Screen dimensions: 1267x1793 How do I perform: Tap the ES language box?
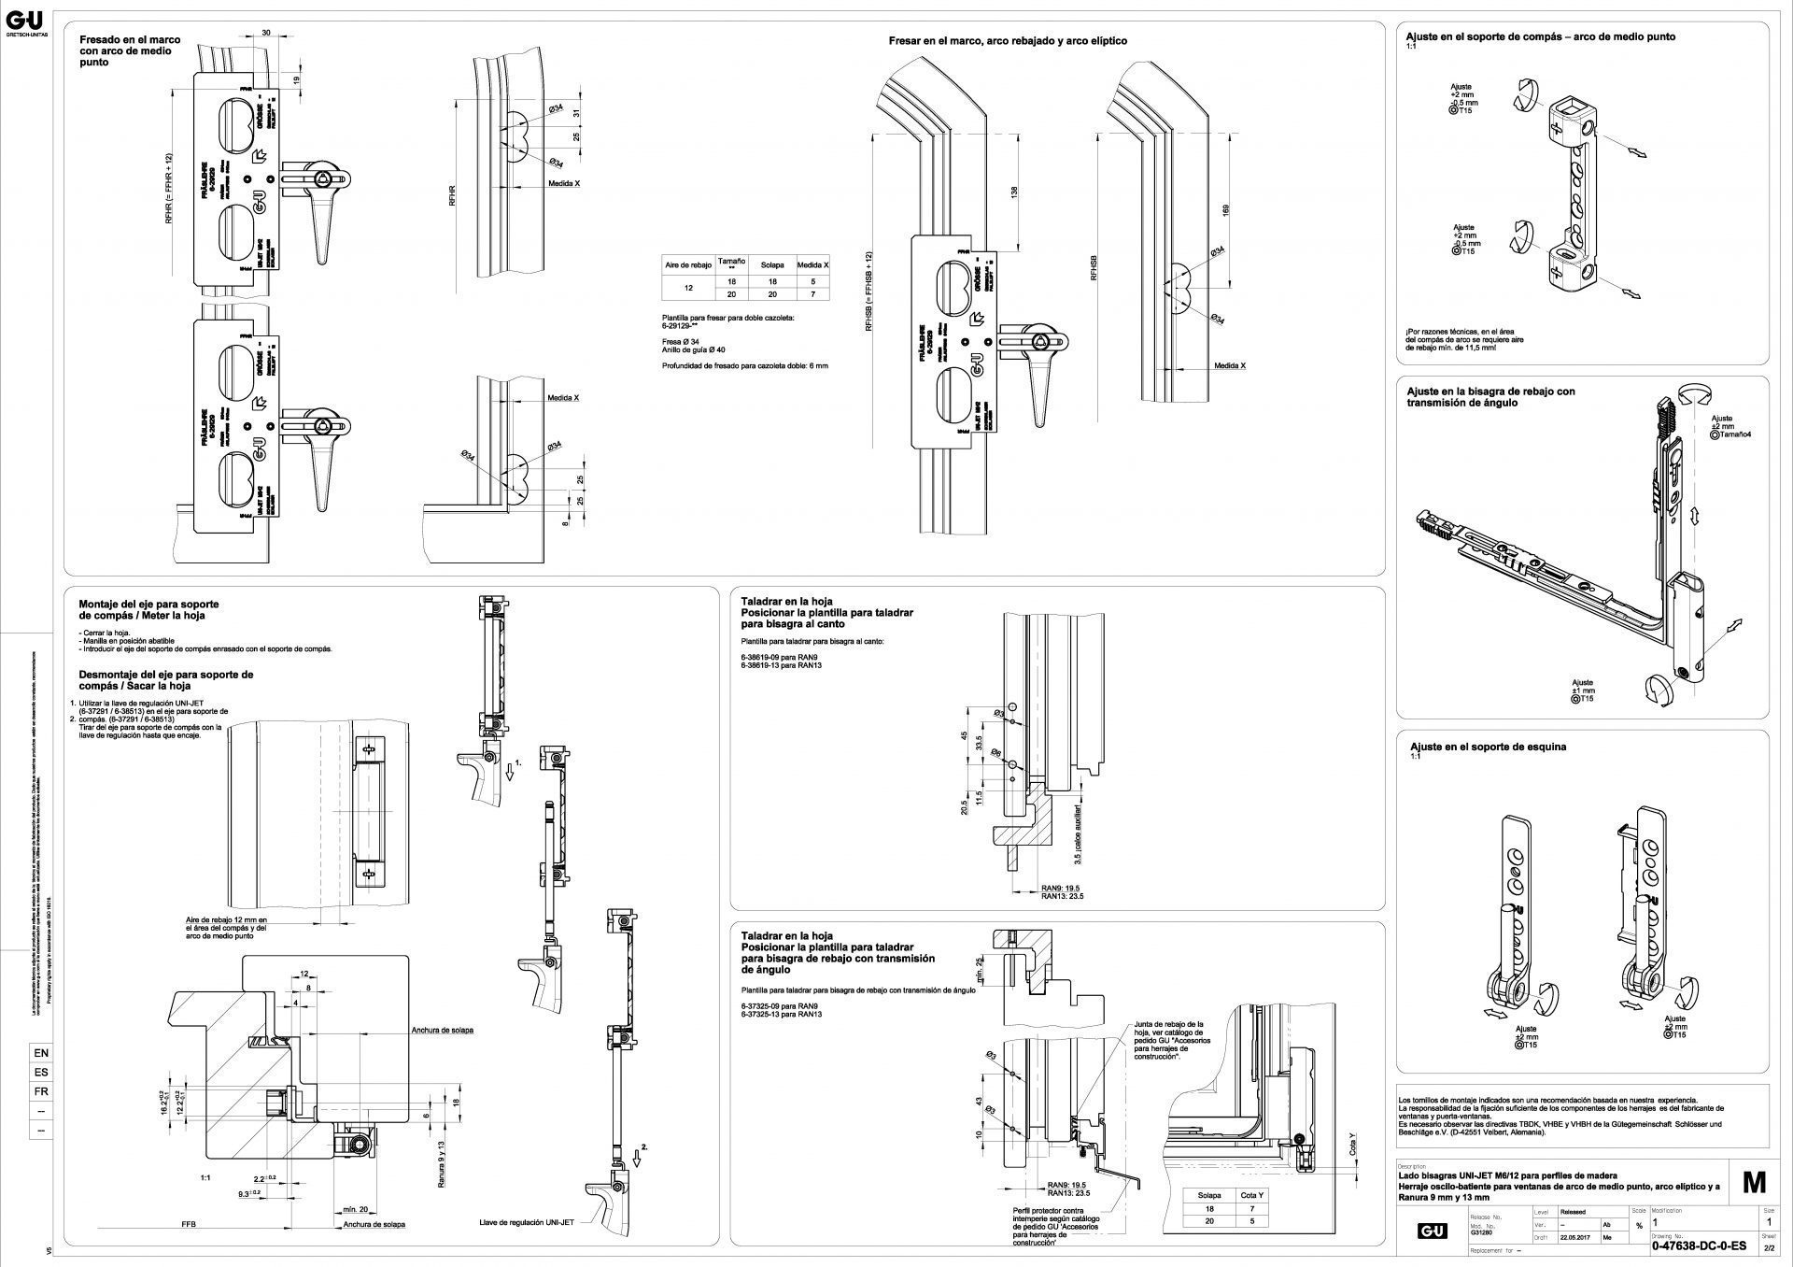[41, 1072]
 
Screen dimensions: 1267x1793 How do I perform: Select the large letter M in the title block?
[1754, 1182]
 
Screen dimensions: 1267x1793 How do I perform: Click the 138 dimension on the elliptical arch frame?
[1014, 191]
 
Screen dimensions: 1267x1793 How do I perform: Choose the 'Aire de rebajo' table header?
[687, 265]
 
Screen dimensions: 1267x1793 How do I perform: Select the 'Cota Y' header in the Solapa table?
[1253, 1195]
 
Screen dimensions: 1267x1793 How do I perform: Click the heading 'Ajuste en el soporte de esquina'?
[1488, 747]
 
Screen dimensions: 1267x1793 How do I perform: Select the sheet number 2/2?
[1768, 1246]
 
